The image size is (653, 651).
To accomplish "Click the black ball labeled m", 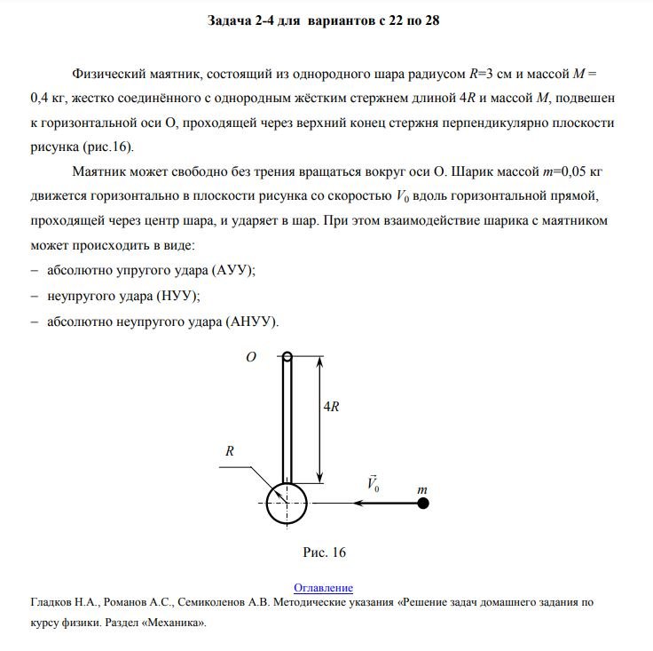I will coord(423,504).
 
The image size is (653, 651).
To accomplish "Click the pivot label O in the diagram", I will coord(250,356).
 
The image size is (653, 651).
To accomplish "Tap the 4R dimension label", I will coord(330,406).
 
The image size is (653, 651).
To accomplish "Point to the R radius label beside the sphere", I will coord(229,451).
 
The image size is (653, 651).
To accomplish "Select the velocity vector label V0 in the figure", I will coord(374,484).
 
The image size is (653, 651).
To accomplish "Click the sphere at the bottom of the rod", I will coord(286,504).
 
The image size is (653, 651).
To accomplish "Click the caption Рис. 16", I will coord(324,552).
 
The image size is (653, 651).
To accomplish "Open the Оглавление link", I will coord(323,588).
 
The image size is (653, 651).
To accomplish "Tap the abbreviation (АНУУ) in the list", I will coord(252,321).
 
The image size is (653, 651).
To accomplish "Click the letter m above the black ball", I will coord(422,488).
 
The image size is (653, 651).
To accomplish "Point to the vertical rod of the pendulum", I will coord(287,417).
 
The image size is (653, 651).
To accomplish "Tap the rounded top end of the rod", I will coord(287,358).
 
